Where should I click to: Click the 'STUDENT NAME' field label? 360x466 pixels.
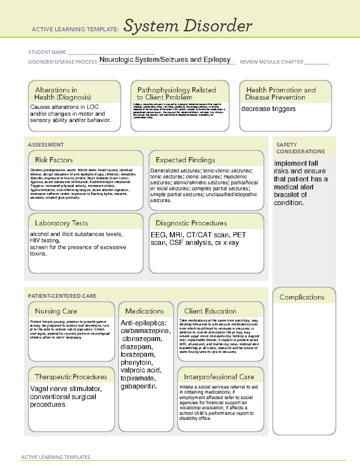click(47, 52)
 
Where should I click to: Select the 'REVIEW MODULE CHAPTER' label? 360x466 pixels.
click(271, 62)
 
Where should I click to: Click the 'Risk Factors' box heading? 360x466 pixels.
click(54, 160)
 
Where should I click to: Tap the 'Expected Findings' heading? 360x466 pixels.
click(185, 160)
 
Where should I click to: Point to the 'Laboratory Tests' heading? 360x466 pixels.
click(61, 223)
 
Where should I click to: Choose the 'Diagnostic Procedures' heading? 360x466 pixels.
click(191, 223)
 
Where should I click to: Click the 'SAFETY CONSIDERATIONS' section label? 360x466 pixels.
click(300, 148)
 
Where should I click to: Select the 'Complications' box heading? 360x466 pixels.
click(302, 297)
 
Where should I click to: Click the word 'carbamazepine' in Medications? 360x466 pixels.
click(145, 331)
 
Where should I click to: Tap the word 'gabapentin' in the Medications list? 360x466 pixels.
click(138, 386)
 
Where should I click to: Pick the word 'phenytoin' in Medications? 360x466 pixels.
click(136, 362)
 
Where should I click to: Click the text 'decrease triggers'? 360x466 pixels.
click(268, 109)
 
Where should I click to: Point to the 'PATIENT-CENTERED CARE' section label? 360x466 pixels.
click(62, 296)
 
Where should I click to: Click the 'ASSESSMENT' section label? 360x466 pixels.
click(46, 145)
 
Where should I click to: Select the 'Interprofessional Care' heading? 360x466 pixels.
click(219, 377)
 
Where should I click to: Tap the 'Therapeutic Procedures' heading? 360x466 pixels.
click(71, 377)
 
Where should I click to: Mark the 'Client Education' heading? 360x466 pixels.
click(210, 311)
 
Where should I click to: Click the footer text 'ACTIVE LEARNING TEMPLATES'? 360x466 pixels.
click(56, 457)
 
